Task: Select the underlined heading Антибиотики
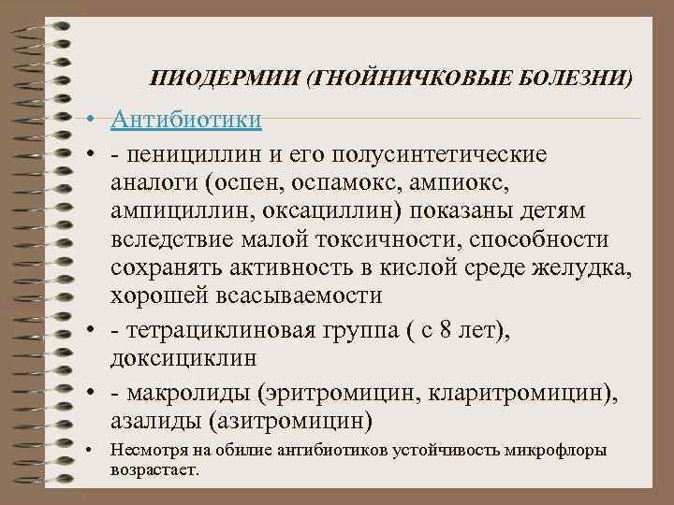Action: tap(185, 121)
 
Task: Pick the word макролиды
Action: tap(183, 392)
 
